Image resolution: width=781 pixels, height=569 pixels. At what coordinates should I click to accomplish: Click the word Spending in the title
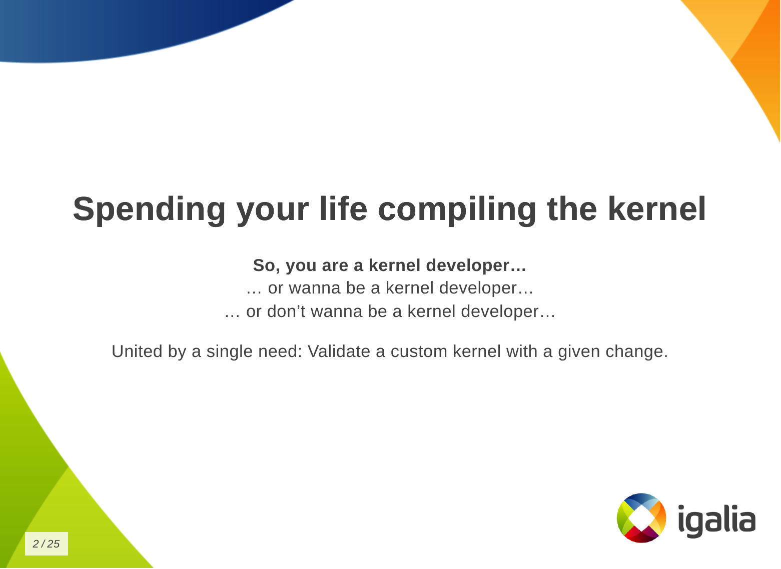pyautogui.click(x=149, y=210)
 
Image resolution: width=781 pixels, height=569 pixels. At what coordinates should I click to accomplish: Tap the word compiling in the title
pyautogui.click(x=457, y=210)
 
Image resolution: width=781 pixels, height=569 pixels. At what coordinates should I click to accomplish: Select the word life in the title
pyautogui.click(x=343, y=208)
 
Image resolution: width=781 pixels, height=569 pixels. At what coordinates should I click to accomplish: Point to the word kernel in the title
pyautogui.click(x=657, y=208)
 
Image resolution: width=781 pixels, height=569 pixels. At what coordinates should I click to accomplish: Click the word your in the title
pyautogui.click(x=273, y=213)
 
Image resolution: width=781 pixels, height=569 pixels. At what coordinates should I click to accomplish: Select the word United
pyautogui.click(x=137, y=351)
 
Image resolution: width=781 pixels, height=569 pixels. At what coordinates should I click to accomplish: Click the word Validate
pyautogui.click(x=339, y=351)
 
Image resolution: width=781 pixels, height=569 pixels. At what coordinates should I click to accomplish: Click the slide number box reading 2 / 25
pyautogui.click(x=47, y=543)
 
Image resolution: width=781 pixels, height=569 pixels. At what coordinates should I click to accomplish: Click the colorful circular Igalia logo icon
pyautogui.click(x=641, y=518)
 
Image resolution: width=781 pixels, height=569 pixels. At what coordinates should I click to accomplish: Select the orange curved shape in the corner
pyautogui.click(x=749, y=52)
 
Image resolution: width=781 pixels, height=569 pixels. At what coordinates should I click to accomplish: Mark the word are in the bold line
pyautogui.click(x=335, y=267)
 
